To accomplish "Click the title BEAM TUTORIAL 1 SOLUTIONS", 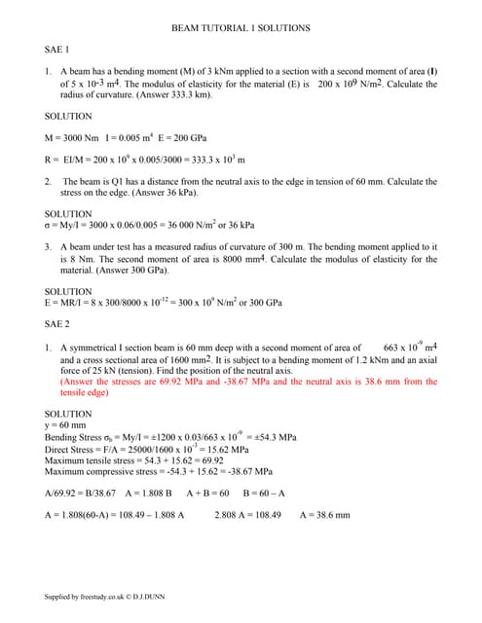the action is pos(241,29).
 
